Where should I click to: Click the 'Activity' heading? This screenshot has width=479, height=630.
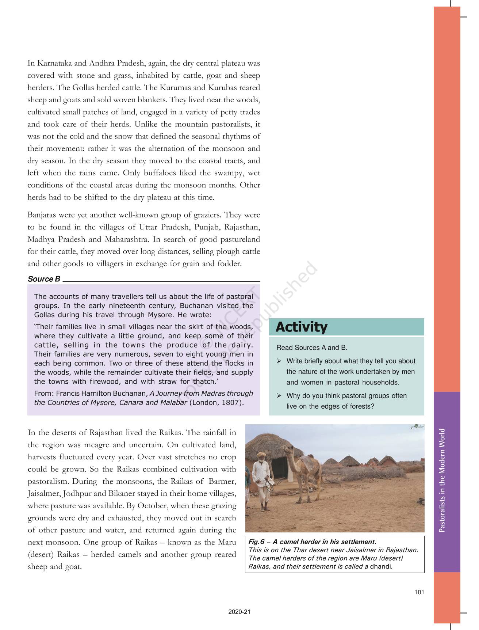pyautogui.click(x=301, y=327)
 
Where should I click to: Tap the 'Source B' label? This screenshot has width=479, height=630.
pyautogui.click(x=44, y=279)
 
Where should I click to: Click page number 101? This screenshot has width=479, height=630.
pyautogui.click(x=419, y=592)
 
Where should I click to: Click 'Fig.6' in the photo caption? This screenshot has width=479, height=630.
pyautogui.click(x=256, y=542)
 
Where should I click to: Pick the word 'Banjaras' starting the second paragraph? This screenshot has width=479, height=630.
pyautogui.click(x=42, y=215)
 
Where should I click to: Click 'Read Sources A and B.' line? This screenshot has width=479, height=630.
pyautogui.click(x=312, y=348)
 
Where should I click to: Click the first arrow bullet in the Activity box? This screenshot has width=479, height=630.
pyautogui.click(x=279, y=361)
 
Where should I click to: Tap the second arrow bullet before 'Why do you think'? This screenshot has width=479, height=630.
pyautogui.click(x=279, y=396)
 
